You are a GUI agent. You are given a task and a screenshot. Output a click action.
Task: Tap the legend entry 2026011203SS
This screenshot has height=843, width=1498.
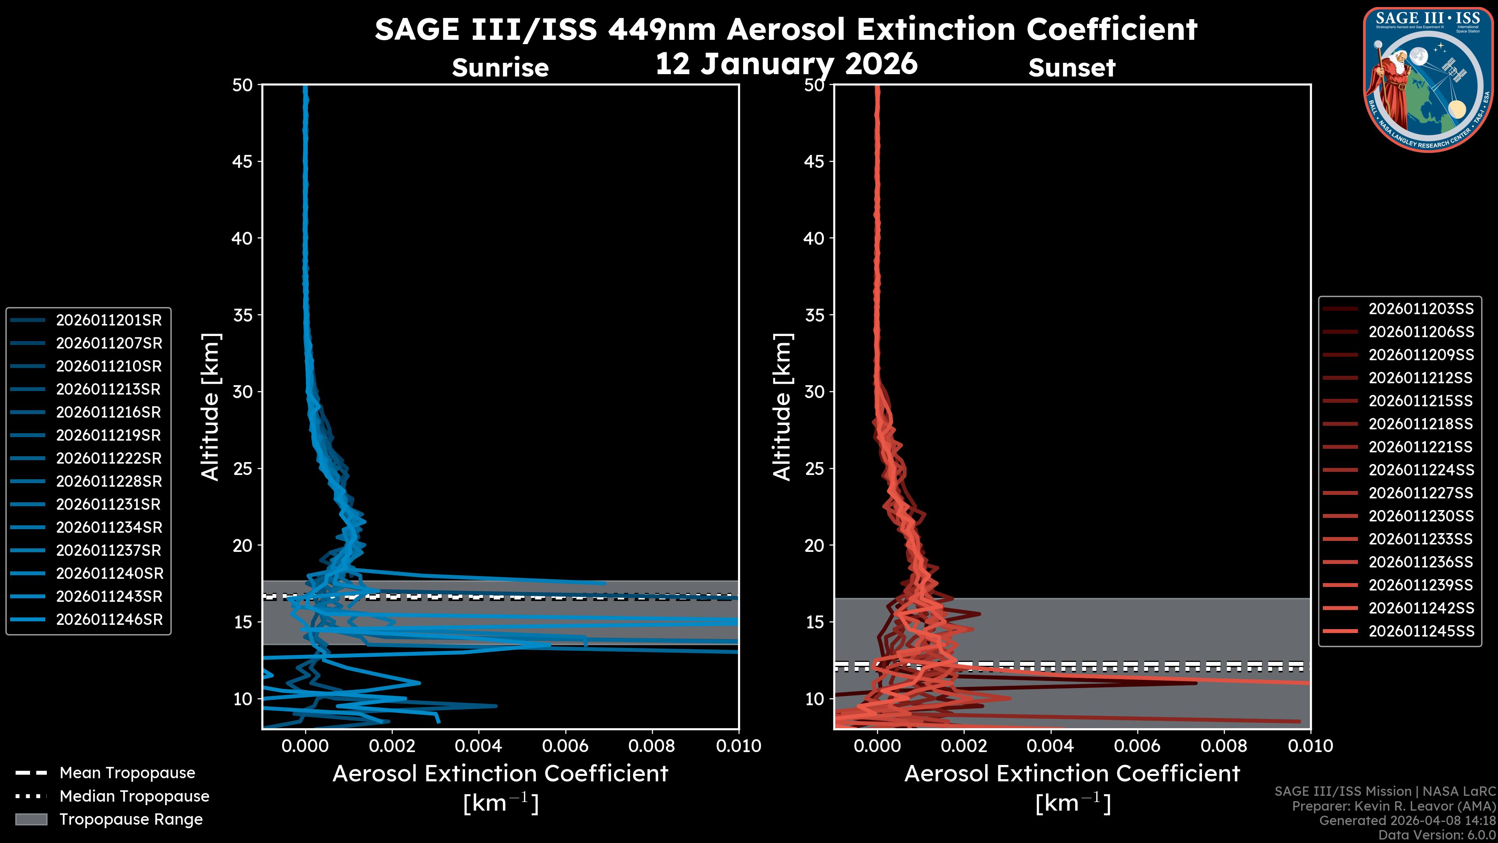point(1421,309)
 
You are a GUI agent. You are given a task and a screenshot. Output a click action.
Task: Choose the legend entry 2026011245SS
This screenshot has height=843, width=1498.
point(1421,631)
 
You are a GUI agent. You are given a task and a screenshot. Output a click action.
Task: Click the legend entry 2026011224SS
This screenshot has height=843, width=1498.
point(1421,470)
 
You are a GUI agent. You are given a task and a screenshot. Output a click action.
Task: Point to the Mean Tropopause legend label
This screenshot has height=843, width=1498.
point(127,773)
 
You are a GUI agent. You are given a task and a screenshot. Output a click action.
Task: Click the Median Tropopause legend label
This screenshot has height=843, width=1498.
point(134,797)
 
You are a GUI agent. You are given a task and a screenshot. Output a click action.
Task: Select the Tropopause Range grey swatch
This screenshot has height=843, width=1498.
point(31,820)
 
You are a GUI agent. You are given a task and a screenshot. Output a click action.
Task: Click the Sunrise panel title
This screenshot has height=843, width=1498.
point(500,68)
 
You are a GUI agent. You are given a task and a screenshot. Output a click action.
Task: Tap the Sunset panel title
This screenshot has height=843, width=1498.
point(1072,68)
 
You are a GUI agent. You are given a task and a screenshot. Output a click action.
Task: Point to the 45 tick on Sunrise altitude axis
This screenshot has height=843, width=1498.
point(243,162)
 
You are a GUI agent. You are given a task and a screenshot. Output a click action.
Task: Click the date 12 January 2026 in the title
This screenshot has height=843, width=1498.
point(786,64)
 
